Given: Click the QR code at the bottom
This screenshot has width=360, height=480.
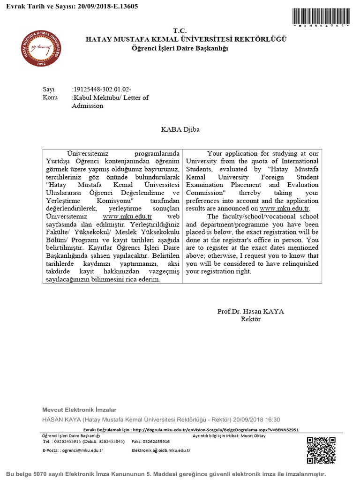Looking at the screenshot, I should pyautogui.click(x=322, y=450).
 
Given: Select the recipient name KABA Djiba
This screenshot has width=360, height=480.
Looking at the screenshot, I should pyautogui.click(x=180, y=129).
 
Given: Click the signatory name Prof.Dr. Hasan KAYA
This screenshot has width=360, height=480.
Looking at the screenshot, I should pyautogui.click(x=250, y=311).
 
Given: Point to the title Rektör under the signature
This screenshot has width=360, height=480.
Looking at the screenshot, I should pyautogui.click(x=250, y=319).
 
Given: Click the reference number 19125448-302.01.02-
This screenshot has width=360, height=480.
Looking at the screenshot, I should pyautogui.click(x=102, y=89).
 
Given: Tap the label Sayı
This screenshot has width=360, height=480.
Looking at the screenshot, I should pyautogui.click(x=49, y=89).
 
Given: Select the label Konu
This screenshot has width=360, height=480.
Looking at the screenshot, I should pyautogui.click(x=50, y=97).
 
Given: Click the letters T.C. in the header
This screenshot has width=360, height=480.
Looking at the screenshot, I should pyautogui.click(x=180, y=30).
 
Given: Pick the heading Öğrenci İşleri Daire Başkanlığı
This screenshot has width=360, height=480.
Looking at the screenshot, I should pyautogui.click(x=180, y=48).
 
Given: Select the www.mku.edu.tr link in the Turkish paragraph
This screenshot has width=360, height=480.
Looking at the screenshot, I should pyautogui.click(x=127, y=217).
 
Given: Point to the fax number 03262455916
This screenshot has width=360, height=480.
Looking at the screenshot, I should pyautogui.click(x=157, y=442).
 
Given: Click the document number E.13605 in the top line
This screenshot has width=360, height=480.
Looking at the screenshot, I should pyautogui.click(x=123, y=7).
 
